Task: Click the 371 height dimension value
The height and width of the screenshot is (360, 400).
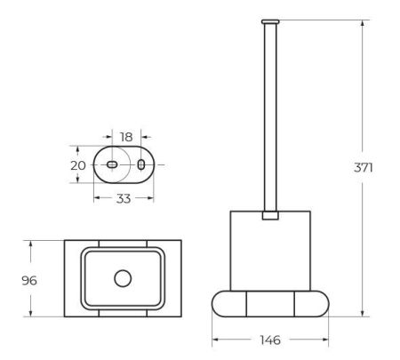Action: point(376,167)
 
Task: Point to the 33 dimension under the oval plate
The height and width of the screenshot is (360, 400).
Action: point(124,198)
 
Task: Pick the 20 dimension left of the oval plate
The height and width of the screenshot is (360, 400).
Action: point(77,165)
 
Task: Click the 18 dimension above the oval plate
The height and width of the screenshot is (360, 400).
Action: point(125,137)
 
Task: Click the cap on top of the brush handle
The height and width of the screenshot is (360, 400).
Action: point(270,20)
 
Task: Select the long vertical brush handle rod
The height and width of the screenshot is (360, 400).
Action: point(270,116)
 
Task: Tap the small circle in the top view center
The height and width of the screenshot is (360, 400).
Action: point(123,279)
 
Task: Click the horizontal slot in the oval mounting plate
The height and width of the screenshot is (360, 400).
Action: point(111,165)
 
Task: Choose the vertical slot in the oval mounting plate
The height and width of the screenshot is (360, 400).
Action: point(140,165)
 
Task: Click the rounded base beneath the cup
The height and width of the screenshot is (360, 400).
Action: point(270,306)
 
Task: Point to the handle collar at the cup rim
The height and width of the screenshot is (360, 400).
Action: point(270,214)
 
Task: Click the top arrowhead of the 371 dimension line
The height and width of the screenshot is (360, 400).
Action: point(363,21)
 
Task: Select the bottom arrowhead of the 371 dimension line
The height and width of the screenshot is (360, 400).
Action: point(363,315)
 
